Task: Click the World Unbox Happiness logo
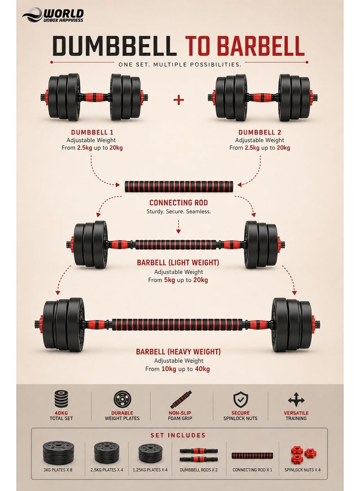pyautogui.click(x=53, y=15)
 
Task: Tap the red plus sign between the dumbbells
pyautogui.click(x=179, y=100)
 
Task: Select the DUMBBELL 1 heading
pyautogui.click(x=92, y=132)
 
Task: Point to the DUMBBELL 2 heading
pyautogui.click(x=260, y=132)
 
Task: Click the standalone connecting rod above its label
pyautogui.click(x=179, y=186)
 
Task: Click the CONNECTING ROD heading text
pyautogui.click(x=179, y=203)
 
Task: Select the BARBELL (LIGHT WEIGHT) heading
pyautogui.click(x=178, y=262)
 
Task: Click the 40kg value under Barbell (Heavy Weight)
pyautogui.click(x=202, y=369)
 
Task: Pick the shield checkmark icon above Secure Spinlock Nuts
pyautogui.click(x=240, y=400)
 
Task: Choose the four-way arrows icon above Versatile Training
pyautogui.click(x=296, y=400)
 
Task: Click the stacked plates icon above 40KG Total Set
pyautogui.click(x=61, y=399)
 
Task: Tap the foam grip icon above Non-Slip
pyautogui.click(x=180, y=400)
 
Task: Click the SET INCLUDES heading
pyautogui.click(x=178, y=435)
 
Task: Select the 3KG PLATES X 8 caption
pyautogui.click(x=58, y=470)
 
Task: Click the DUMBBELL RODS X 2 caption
pyautogui.click(x=198, y=470)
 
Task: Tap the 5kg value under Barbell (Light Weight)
pyautogui.click(x=169, y=280)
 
